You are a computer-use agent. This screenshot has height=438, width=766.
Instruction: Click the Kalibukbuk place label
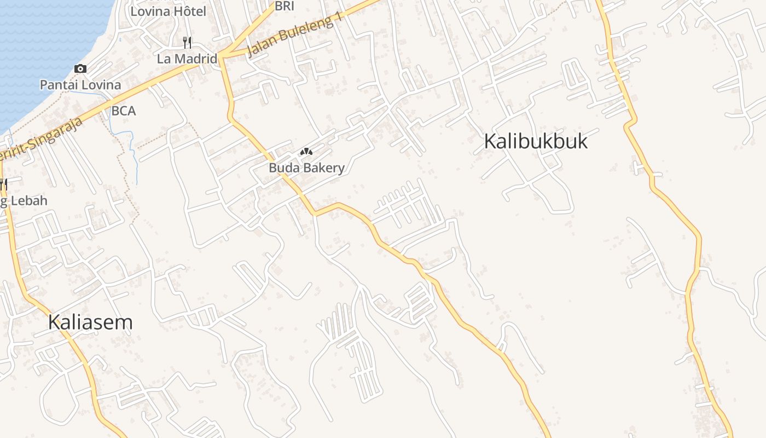pyautogui.click(x=536, y=141)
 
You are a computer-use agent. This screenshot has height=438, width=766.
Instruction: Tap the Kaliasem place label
pyautogui.click(x=90, y=322)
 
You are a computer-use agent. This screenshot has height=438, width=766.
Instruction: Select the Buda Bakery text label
pyautogui.click(x=306, y=168)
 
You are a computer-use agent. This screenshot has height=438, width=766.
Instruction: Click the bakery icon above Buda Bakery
pyautogui.click(x=306, y=151)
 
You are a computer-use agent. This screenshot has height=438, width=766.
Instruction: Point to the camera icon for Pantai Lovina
pyautogui.click(x=80, y=68)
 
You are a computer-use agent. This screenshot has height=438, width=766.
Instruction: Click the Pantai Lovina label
pyautogui.click(x=80, y=85)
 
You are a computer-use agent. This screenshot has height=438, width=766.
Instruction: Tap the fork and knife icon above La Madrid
pyautogui.click(x=187, y=42)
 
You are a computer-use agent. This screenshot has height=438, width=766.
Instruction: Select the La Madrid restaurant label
pyautogui.click(x=187, y=59)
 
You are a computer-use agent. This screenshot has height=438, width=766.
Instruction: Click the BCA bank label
pyautogui.click(x=123, y=111)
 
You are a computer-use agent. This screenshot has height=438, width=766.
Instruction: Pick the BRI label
pyautogui.click(x=285, y=6)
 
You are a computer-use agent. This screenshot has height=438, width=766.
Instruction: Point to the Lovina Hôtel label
pyautogui.click(x=168, y=11)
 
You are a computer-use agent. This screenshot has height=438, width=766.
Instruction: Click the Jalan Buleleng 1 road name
pyautogui.click(x=295, y=34)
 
